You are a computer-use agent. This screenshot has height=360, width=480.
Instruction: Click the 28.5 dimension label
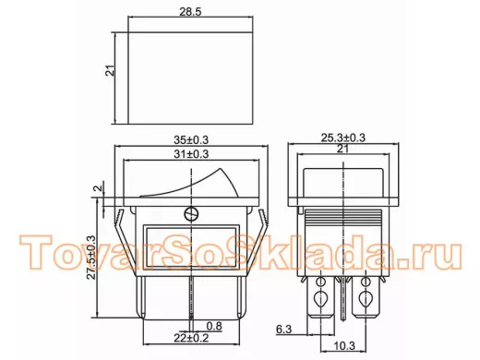[x=190, y=12]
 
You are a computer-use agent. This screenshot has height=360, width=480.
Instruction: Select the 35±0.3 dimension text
[x=191, y=140]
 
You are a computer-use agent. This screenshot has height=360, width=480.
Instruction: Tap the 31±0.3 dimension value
[x=191, y=154]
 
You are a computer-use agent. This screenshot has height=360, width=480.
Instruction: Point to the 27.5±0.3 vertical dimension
[x=91, y=258]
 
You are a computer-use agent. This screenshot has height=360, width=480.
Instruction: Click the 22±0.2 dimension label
[x=191, y=338]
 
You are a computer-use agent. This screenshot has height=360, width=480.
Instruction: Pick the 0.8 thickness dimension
[x=214, y=326]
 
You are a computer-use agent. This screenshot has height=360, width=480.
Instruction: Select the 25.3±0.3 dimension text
[x=343, y=138]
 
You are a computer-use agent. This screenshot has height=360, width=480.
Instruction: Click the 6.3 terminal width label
[x=283, y=330]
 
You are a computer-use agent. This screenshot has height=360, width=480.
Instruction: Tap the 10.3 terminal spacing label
[x=344, y=346]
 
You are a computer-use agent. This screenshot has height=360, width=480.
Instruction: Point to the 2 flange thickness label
[x=98, y=188]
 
